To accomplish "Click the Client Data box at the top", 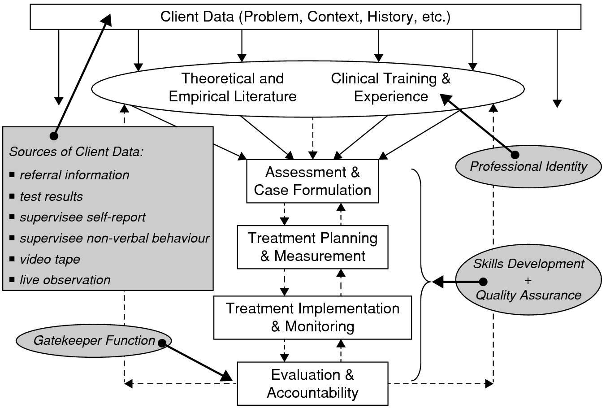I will tap(305, 17).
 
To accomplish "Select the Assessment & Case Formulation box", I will tap(312, 181).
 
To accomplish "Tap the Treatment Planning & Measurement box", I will tap(312, 247).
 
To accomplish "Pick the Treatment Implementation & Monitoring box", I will tap(312, 317).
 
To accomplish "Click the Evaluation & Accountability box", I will tap(312, 384).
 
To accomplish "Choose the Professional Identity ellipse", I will tap(528, 167).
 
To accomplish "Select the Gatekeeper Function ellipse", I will tap(94, 341).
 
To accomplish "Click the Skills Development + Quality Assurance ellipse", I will tap(528, 279).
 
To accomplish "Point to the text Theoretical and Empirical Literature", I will tap(233, 87).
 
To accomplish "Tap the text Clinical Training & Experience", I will tap(391, 87).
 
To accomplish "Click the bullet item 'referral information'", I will tap(74, 175).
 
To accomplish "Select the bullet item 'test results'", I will tap(51, 196).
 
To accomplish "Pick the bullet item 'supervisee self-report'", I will tap(82, 217).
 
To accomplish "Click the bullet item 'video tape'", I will tap(50, 259).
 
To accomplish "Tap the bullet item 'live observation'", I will tap(65, 280).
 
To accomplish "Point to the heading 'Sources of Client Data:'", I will tap(76, 152).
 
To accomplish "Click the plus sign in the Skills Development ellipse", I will tap(528, 280).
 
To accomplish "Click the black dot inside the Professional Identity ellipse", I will tap(515, 155).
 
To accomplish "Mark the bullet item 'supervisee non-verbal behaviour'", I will tap(114, 238).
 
